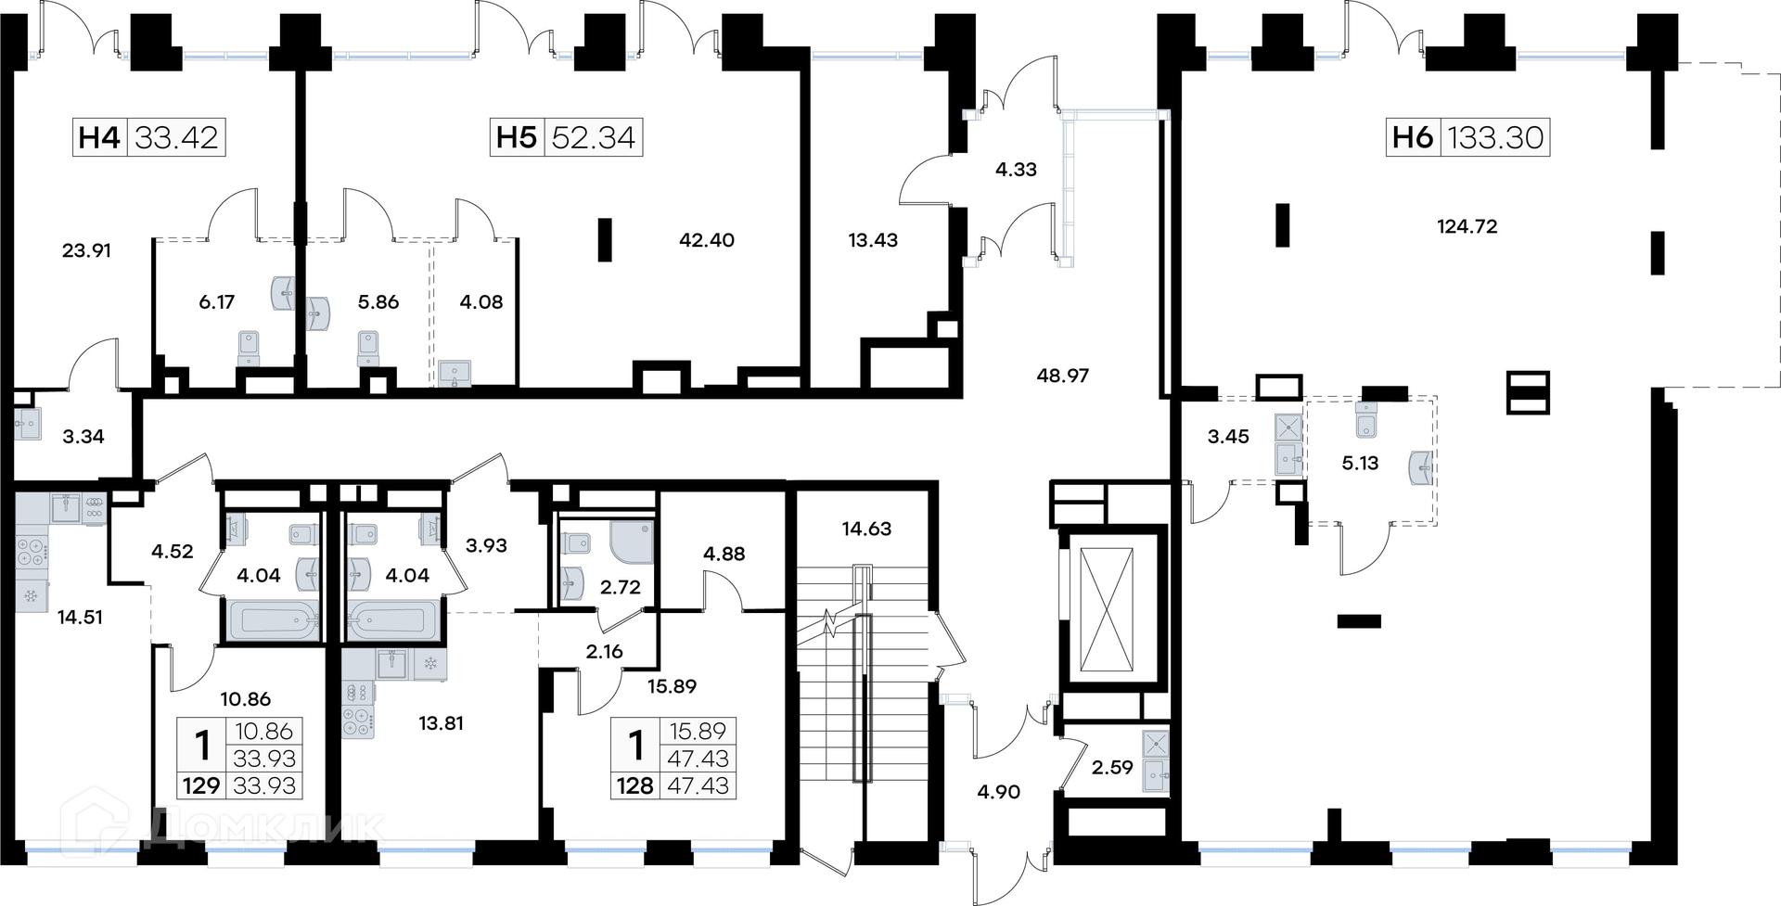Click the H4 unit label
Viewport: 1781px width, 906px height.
(99, 137)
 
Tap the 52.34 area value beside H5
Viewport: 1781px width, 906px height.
(594, 137)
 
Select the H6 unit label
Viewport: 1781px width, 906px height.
(1413, 137)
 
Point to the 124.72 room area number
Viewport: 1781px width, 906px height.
(1467, 226)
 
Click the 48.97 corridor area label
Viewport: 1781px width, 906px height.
(1063, 376)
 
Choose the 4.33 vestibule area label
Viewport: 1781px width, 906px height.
(1016, 170)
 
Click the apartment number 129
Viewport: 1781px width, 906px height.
(201, 785)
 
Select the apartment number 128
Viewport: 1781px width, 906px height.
(635, 785)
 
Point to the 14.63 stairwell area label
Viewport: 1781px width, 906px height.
(866, 529)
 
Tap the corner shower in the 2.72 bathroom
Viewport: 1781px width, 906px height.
(631, 542)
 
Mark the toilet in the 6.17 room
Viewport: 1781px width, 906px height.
(249, 349)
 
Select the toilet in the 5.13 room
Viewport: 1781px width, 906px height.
(1365, 421)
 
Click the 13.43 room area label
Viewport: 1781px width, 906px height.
(873, 240)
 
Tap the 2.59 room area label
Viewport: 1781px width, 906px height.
(1112, 767)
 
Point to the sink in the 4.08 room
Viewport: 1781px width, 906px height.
(455, 373)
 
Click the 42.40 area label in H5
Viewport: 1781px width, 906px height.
(707, 240)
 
